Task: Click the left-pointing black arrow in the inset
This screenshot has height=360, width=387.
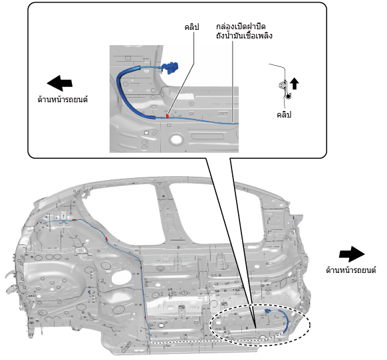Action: click(59, 83)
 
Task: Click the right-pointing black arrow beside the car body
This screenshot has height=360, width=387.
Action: click(352, 254)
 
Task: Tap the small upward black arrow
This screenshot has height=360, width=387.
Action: click(294, 83)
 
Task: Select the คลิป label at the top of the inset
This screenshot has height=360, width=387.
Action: click(192, 27)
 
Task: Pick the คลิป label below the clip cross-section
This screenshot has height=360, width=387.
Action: click(284, 114)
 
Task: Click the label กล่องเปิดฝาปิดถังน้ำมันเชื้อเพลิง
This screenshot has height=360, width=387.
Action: click(244, 31)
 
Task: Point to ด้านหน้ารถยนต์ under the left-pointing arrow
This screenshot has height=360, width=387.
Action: click(63, 100)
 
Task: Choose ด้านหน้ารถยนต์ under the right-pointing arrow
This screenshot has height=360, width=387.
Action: click(351, 270)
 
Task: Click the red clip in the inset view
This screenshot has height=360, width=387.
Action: click(168, 116)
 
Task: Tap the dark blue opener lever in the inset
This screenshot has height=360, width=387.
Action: click(170, 68)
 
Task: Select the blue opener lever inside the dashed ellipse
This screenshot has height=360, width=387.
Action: click(267, 311)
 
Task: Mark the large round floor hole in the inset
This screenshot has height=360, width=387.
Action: click(176, 139)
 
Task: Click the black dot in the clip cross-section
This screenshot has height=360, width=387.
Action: click(288, 96)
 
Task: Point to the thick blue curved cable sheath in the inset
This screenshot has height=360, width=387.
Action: click(124, 94)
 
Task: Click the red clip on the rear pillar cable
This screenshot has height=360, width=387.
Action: click(107, 238)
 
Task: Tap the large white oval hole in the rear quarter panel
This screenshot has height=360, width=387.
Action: click(121, 278)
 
